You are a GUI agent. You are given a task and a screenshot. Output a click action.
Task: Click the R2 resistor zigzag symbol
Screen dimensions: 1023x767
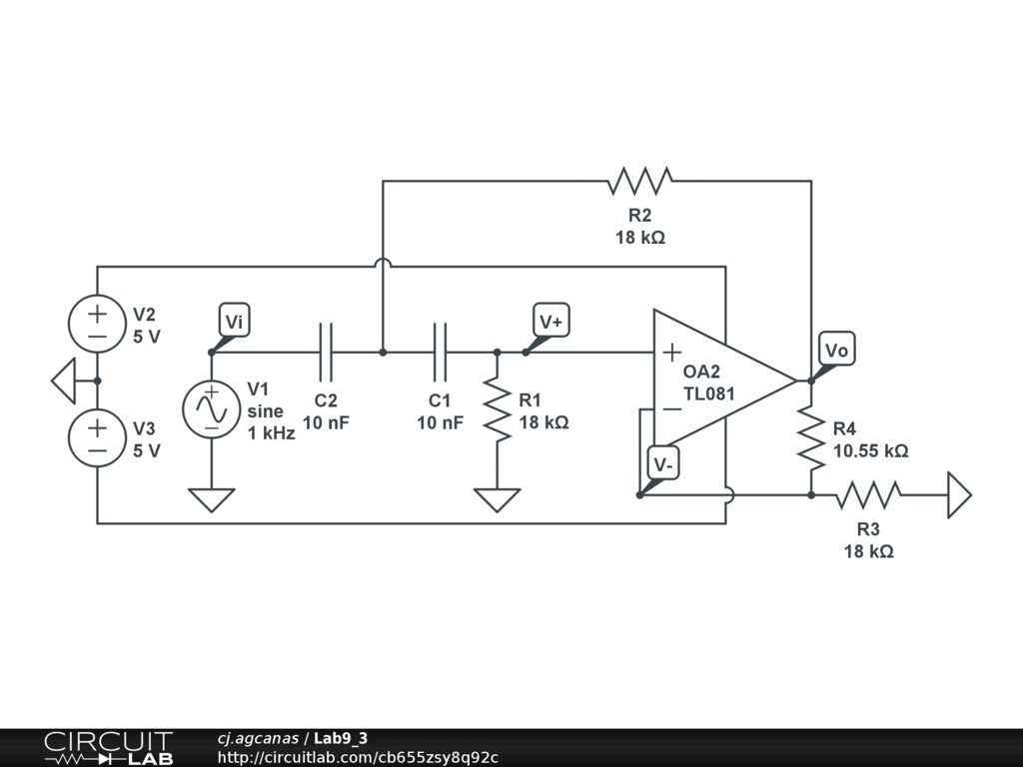click(x=639, y=181)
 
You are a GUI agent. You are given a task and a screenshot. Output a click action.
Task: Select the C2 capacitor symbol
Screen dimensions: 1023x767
click(x=327, y=353)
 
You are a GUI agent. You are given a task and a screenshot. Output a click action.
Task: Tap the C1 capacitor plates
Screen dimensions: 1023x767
click(x=441, y=353)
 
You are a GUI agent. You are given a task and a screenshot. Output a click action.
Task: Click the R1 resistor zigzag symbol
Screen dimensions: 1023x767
click(x=498, y=409)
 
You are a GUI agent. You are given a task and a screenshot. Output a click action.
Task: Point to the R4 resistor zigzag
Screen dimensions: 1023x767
click(x=811, y=437)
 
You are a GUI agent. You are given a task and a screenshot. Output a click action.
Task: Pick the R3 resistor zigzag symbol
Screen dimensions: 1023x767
click(x=868, y=495)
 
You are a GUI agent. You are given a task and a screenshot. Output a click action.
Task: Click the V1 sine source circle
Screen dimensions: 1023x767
click(x=212, y=409)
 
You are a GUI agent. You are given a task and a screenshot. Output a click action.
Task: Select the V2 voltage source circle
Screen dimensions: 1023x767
click(x=97, y=324)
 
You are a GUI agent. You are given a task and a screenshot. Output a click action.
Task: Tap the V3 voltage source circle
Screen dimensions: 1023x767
click(x=97, y=437)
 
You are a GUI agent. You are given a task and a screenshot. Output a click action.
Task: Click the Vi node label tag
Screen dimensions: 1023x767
click(x=234, y=321)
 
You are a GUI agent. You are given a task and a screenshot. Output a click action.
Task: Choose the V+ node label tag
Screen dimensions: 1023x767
click(x=551, y=321)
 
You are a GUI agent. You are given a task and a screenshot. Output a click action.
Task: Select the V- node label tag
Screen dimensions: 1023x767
click(x=663, y=463)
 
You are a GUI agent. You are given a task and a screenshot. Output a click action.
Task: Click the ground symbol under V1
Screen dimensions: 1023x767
click(x=212, y=500)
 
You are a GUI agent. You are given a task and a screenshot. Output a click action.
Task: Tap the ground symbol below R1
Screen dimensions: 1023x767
click(x=498, y=500)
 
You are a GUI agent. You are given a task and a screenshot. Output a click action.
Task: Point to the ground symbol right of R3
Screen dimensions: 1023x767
click(x=960, y=495)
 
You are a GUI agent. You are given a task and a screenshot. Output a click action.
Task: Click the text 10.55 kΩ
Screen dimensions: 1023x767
click(x=871, y=451)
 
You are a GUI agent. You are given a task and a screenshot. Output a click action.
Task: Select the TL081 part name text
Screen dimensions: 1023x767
click(x=709, y=393)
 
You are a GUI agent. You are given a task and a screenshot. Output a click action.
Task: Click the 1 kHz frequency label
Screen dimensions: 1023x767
click(x=272, y=433)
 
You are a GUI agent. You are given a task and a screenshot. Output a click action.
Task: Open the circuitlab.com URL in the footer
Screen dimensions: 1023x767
click(x=358, y=757)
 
